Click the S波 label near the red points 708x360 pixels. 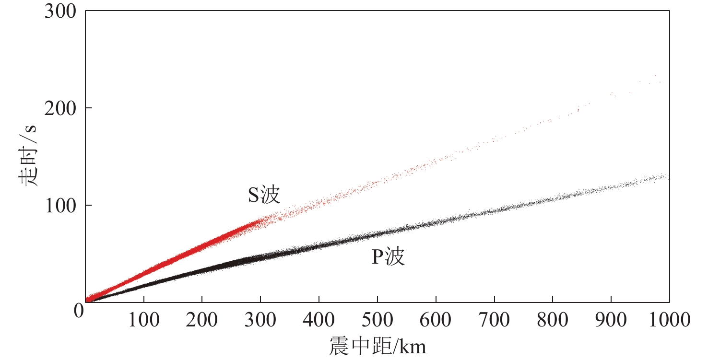[263, 195]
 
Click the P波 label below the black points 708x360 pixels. [389, 257]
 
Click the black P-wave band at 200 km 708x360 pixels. [202, 270]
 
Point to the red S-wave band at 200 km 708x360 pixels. [202, 246]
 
